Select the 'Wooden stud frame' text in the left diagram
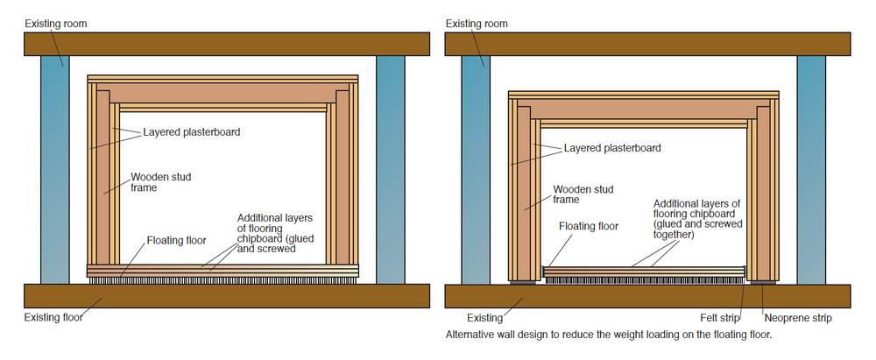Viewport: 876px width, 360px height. point(161,182)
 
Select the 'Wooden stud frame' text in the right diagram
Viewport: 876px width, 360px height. point(583,194)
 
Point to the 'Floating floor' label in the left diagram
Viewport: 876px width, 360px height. point(176,239)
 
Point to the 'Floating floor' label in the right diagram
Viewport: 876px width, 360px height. point(589,226)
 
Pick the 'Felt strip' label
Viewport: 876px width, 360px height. point(724,317)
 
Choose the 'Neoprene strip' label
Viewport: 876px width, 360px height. point(799,317)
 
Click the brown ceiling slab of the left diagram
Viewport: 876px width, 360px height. point(227,44)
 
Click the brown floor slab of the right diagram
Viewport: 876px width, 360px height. point(647,296)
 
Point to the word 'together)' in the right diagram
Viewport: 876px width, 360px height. point(674,235)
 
